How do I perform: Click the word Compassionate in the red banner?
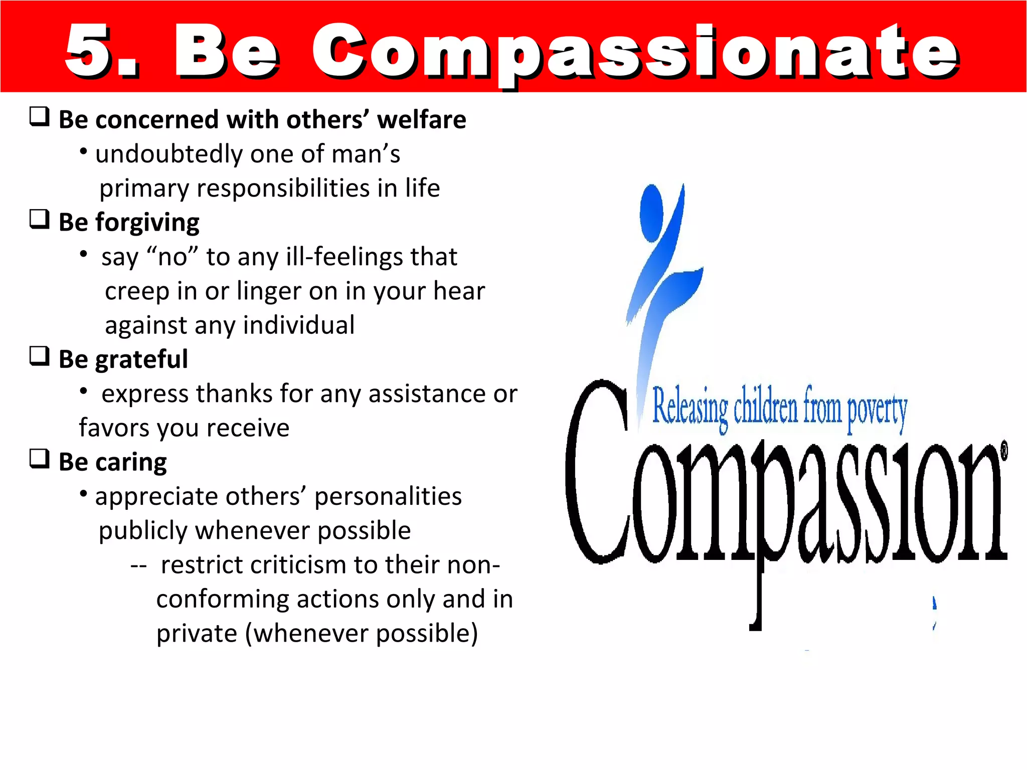pos(634,53)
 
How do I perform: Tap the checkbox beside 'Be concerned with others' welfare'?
pos(40,117)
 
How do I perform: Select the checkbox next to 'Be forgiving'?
pos(40,219)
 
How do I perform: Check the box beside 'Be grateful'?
pos(40,356)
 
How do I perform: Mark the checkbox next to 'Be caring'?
pos(40,459)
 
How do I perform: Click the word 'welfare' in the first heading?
pos(421,120)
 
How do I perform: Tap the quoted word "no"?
pos(173,257)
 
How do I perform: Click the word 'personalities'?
pos(388,497)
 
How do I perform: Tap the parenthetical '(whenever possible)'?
pos(361,634)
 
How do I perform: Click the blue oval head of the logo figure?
pos(651,213)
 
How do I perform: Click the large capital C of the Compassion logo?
pos(597,471)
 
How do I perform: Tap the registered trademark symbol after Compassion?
pos(1004,450)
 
